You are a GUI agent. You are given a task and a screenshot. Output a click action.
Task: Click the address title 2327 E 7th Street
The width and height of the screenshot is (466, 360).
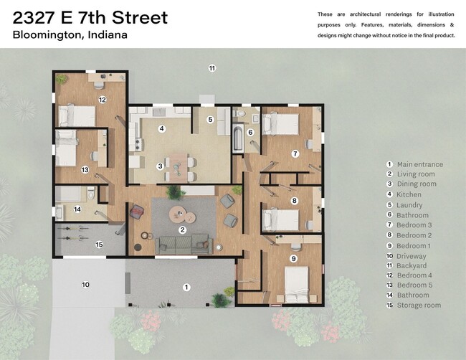click(90, 17)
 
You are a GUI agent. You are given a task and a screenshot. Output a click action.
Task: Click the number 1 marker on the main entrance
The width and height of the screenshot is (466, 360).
click(186, 288)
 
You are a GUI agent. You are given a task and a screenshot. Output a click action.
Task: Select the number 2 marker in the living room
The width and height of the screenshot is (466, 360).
click(183, 229)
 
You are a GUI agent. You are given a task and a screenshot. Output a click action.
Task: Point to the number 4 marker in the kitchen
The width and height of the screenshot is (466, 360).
click(162, 129)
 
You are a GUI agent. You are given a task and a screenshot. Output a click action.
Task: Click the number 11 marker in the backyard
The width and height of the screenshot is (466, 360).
click(212, 68)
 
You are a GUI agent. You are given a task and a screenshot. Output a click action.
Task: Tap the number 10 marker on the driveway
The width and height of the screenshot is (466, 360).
click(85, 285)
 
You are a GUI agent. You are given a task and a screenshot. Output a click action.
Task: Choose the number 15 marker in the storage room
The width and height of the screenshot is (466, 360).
click(99, 245)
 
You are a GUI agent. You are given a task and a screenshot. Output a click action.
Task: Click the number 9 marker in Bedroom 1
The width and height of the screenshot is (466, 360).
click(293, 258)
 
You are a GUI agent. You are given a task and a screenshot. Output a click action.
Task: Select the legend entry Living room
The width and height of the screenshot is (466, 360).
click(416, 174)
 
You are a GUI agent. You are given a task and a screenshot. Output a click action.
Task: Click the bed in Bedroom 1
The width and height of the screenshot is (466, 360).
click(298, 283)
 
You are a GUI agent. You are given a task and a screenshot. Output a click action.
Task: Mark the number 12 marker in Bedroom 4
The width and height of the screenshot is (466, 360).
click(103, 100)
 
